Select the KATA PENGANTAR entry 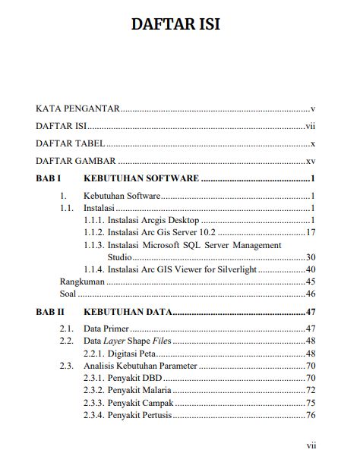coord(78,108)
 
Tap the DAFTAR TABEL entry coord(71,143)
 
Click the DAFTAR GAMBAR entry coord(76,161)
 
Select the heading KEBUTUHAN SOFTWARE coord(141,179)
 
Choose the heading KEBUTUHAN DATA coord(127,311)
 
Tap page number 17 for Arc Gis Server coord(310,232)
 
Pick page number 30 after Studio coord(310,257)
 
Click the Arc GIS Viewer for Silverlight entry coord(183,269)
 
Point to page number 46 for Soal coord(310,294)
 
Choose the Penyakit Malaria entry coord(140,390)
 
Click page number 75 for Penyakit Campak coord(310,403)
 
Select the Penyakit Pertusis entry coord(140,415)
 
